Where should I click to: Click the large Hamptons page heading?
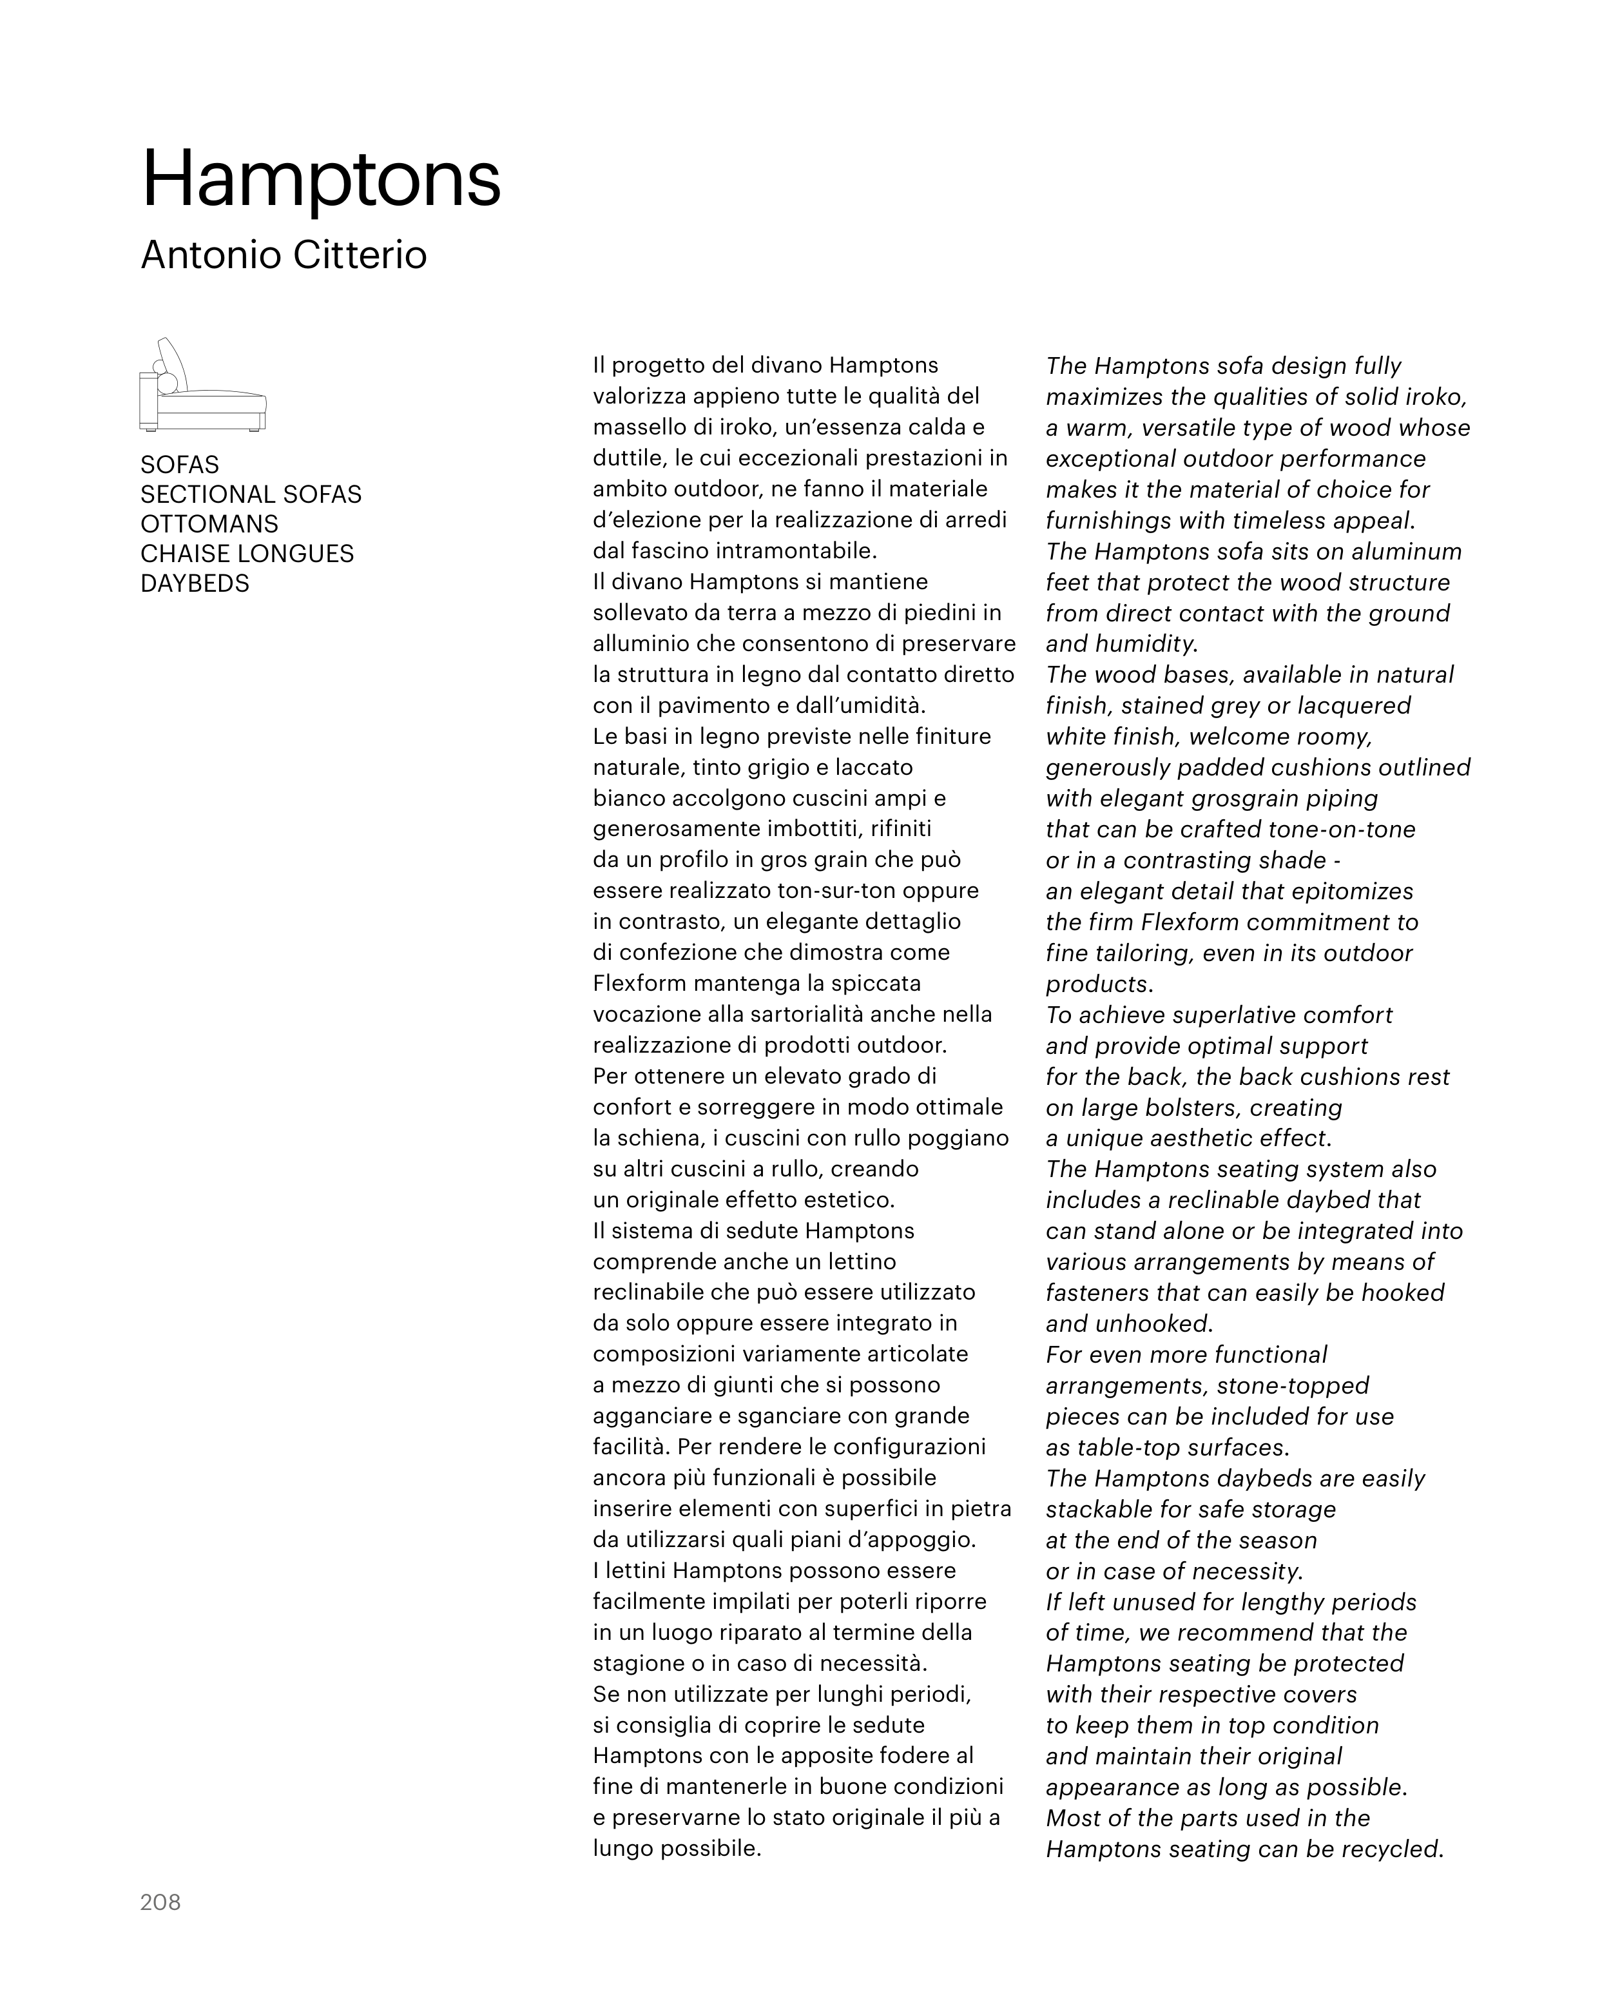[321, 179]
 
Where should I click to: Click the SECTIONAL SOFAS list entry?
[251, 494]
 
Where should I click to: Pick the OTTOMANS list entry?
[209, 523]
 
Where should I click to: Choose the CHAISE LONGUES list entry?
[247, 553]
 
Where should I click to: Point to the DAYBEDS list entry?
[195, 583]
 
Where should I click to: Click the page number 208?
[160, 1902]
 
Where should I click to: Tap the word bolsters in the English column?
[1190, 1107]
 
